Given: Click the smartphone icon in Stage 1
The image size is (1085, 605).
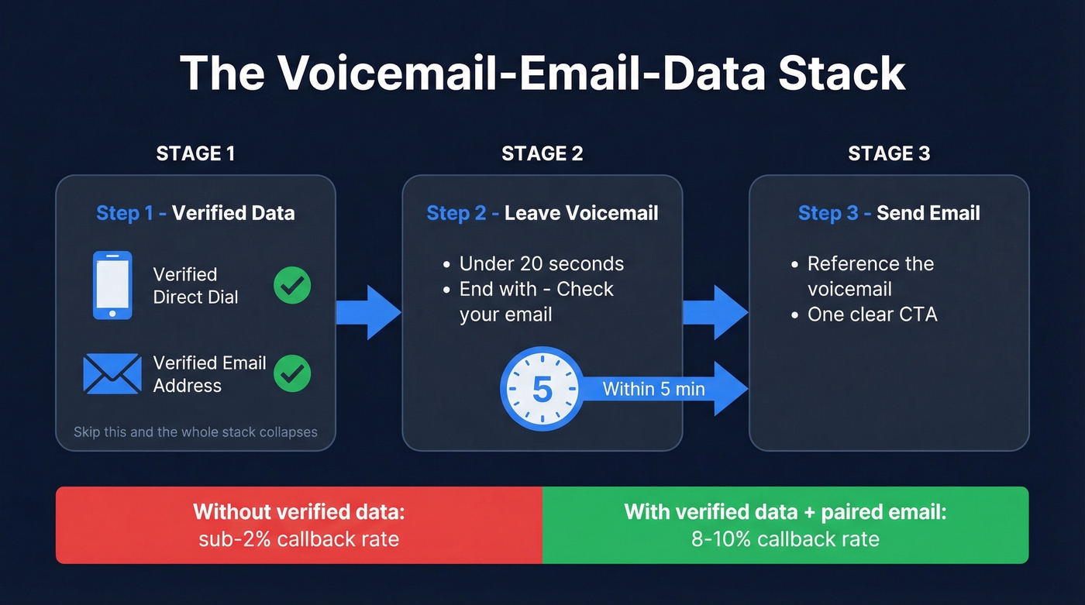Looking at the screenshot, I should click(112, 285).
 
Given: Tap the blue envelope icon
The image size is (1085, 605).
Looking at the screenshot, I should click(112, 373).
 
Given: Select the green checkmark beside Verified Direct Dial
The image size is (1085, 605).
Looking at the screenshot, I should click(292, 285).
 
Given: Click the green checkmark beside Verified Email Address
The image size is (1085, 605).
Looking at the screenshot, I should click(292, 373).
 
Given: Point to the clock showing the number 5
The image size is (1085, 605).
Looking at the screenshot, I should click(542, 390).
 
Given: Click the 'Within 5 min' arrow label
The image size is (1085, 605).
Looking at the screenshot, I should click(653, 389).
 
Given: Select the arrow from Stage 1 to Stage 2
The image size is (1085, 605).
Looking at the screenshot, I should click(368, 312).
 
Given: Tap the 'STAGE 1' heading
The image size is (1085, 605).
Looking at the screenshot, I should click(195, 153).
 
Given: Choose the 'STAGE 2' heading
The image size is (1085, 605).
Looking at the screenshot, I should click(542, 153).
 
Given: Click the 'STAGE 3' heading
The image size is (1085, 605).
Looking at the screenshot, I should click(889, 153).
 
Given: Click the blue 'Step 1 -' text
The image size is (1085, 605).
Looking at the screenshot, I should click(131, 213).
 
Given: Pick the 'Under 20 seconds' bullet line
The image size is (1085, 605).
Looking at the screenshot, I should click(541, 263).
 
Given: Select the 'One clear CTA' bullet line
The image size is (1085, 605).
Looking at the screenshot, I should click(872, 314).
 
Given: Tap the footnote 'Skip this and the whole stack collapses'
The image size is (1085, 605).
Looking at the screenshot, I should click(195, 431).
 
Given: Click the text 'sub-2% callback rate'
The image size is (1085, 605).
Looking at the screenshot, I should click(298, 538).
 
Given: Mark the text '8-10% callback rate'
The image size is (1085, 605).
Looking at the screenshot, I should click(785, 538).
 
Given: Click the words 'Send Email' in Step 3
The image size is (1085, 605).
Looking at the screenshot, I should click(928, 213).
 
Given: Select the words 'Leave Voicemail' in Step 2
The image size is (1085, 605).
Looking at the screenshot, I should click(581, 213).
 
